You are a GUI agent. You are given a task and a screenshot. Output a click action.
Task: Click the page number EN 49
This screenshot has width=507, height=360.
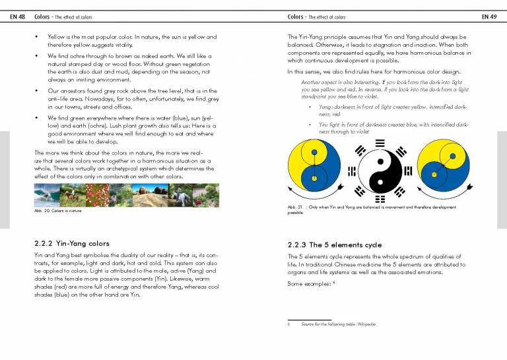pos(489,16)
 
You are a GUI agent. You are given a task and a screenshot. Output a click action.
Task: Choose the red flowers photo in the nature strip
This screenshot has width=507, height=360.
pos(96,195)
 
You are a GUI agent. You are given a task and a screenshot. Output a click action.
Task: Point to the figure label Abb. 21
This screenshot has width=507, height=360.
pos(295,207)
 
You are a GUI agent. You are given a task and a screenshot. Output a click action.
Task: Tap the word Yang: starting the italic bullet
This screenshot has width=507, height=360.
pos(326,106)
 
